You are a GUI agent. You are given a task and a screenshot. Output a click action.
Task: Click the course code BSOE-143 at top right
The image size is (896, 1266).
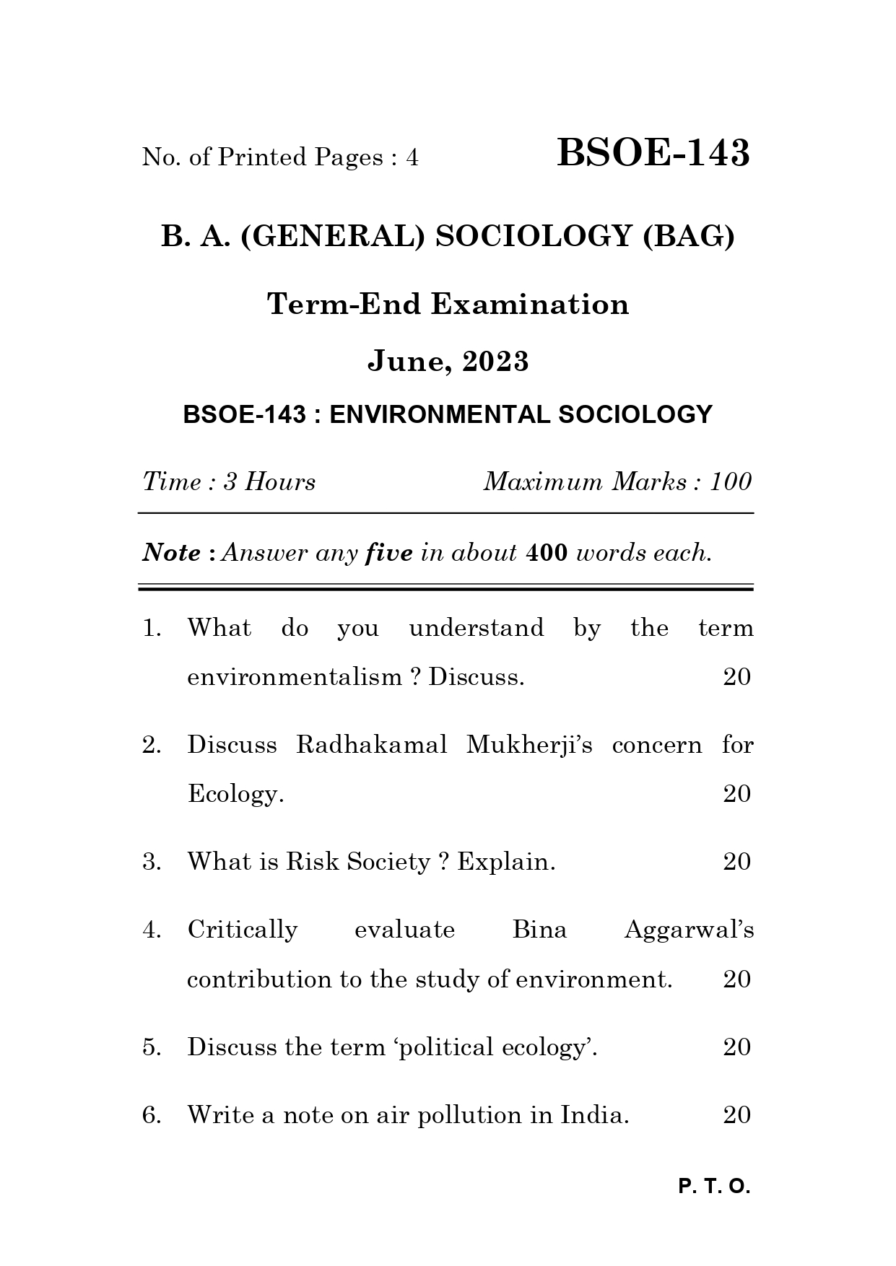click(653, 153)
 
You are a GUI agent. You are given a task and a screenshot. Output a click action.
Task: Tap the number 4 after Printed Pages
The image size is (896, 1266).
click(412, 157)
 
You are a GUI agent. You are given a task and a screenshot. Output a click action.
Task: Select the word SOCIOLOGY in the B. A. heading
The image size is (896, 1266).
click(534, 236)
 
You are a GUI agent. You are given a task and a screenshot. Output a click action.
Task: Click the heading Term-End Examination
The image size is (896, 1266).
click(448, 304)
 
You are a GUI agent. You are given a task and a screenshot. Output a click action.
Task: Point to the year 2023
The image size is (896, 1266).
click(496, 361)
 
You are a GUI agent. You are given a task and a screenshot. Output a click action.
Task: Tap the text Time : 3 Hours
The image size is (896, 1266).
click(229, 481)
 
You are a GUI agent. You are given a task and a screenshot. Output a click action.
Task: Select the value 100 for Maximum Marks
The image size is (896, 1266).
click(730, 481)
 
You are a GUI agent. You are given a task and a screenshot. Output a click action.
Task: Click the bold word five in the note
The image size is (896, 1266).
click(389, 553)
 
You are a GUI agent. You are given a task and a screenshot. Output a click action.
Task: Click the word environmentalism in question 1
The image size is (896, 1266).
click(294, 677)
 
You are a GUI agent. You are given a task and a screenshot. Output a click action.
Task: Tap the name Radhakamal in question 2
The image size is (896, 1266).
click(371, 744)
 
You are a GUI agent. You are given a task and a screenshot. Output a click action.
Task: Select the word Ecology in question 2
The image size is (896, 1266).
click(232, 794)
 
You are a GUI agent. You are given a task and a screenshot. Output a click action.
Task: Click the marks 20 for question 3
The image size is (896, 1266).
click(736, 861)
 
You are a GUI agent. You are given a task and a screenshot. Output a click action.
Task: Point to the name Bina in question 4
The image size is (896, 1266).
click(539, 929)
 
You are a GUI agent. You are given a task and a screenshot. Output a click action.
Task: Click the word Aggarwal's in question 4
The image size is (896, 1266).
click(688, 929)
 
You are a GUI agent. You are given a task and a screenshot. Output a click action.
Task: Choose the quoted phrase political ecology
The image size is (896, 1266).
click(495, 1047)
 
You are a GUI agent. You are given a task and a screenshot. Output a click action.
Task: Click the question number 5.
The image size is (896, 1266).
click(150, 1047)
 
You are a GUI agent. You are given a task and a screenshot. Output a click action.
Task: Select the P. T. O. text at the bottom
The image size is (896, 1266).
click(714, 1187)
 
